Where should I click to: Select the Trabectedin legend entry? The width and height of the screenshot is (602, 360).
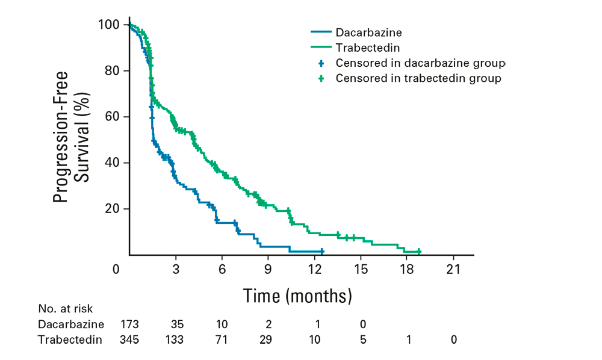(x=360, y=46)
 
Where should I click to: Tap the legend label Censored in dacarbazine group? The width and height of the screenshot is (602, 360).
(x=420, y=63)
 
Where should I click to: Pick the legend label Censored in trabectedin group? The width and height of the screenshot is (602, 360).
(x=418, y=78)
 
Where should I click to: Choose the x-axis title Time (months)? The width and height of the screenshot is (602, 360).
(x=297, y=296)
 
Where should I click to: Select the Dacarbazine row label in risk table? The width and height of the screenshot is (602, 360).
(x=66, y=324)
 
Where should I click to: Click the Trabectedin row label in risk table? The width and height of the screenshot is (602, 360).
(x=70, y=340)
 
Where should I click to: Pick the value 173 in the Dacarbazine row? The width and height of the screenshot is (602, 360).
(x=129, y=324)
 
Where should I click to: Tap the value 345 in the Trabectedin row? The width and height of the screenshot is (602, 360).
(x=129, y=340)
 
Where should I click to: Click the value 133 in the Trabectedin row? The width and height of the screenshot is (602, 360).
(x=175, y=340)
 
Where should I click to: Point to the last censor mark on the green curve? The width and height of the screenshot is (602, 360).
(x=419, y=252)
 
